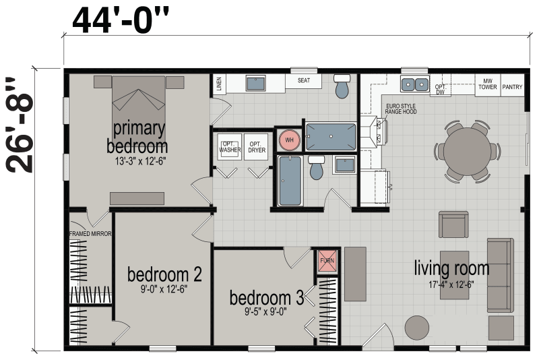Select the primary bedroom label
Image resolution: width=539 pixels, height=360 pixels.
[x=137, y=137]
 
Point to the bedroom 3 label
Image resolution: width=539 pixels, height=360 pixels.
[x=265, y=297]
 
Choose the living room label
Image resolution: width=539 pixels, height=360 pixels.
[x=451, y=268]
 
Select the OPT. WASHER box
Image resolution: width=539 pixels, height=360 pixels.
[x=229, y=147]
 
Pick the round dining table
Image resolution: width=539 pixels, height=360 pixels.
[x=471, y=150]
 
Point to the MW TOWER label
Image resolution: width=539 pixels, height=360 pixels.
[x=487, y=84]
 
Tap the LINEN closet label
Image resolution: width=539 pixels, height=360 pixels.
[x=219, y=84]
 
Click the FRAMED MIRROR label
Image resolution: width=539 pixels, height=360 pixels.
[x=90, y=234]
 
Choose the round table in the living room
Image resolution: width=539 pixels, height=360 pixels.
[x=416, y=328]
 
